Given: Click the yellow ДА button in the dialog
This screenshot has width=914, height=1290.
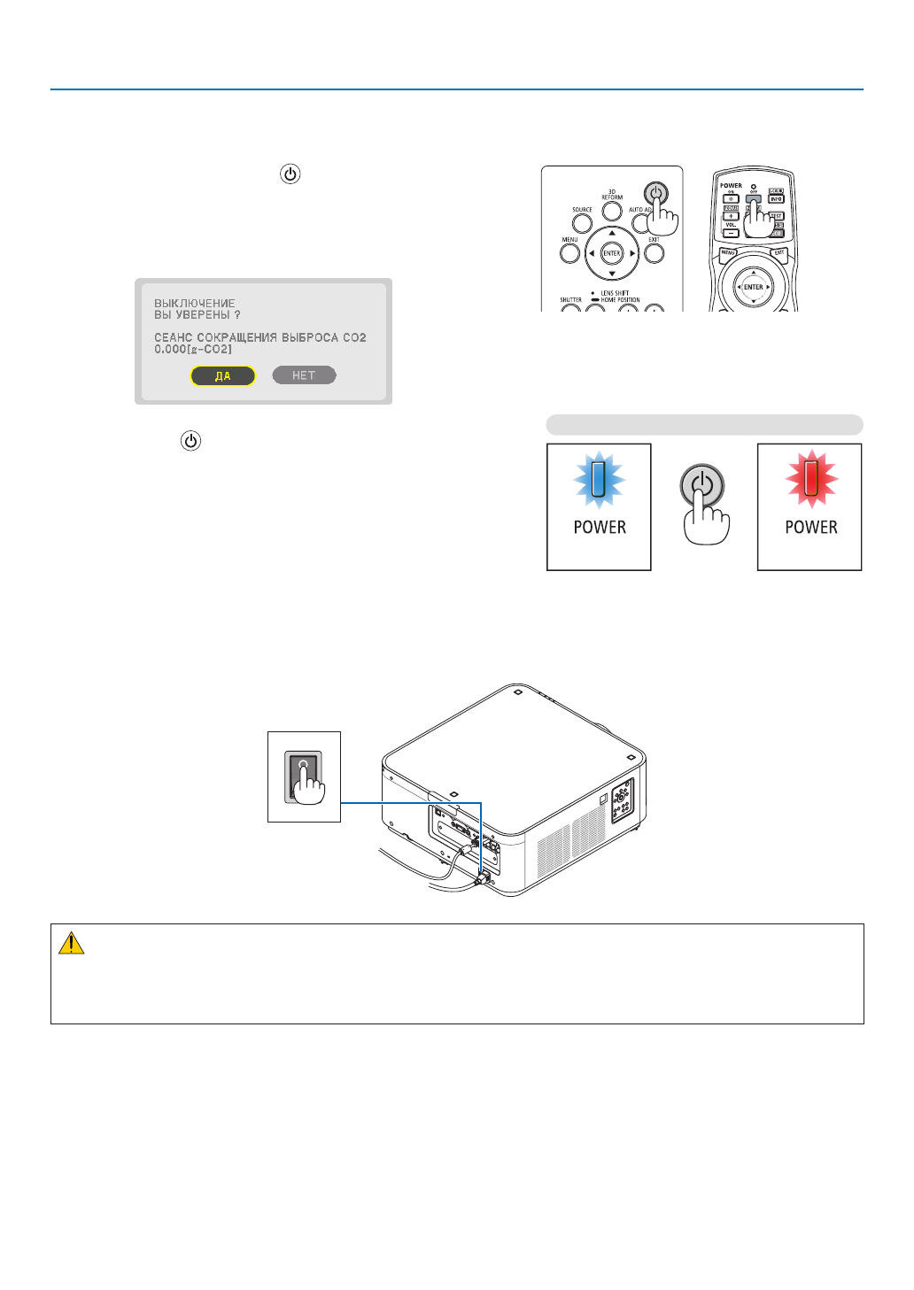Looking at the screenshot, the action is pyautogui.click(x=223, y=376).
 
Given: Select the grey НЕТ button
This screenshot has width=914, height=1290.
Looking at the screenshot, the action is pyautogui.click(x=304, y=375).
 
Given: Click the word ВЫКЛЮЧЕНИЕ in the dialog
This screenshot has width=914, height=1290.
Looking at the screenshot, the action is pyautogui.click(x=195, y=303).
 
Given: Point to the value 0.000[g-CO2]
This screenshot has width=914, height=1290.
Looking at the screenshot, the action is pyautogui.click(x=193, y=350).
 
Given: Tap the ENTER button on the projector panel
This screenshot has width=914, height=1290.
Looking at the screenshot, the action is pyautogui.click(x=612, y=253).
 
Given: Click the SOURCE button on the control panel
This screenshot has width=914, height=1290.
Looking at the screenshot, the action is pyautogui.click(x=582, y=222).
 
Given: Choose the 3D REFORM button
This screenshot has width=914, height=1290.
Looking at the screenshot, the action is pyautogui.click(x=612, y=212).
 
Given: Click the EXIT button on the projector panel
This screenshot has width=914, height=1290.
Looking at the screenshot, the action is pyautogui.click(x=654, y=253).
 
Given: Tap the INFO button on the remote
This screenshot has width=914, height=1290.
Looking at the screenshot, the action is pyautogui.click(x=776, y=199).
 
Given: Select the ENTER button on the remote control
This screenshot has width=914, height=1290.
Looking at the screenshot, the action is pyautogui.click(x=753, y=287).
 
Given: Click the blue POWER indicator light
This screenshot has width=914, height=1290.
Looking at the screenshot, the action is pyautogui.click(x=599, y=479).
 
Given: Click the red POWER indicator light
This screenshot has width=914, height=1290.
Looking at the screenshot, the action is pyautogui.click(x=810, y=479).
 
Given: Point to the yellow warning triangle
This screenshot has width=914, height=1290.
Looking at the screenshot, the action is pyautogui.click(x=71, y=944).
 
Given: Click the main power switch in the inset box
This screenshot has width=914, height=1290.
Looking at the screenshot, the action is pyautogui.click(x=303, y=775).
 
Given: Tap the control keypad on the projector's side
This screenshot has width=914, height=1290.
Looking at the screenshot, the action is pyautogui.click(x=622, y=799).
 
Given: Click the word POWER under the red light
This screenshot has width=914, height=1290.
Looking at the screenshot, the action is pyautogui.click(x=810, y=528).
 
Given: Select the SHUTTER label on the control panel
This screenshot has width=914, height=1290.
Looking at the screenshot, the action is pyautogui.click(x=571, y=300).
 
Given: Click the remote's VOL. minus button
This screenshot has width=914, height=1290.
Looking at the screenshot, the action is pyautogui.click(x=731, y=233).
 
